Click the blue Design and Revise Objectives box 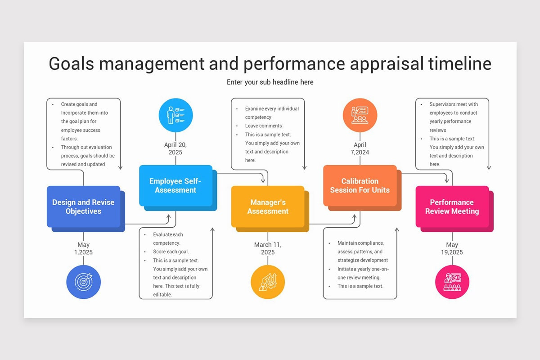pos(83,207)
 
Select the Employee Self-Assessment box pos(175,185)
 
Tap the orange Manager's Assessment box pos(268,207)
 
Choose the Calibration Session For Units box pos(360,185)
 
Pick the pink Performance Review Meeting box pos(452,207)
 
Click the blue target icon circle pos(83,282)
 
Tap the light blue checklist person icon pos(175,115)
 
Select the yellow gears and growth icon pos(268,282)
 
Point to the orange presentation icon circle pos(360,115)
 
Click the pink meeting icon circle pos(452,282)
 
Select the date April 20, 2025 pos(175,148)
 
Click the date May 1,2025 pos(83,248)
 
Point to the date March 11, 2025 pos(268,248)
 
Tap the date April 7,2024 pos(360,148)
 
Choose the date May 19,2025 pos(452,248)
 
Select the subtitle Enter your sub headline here pos(270,82)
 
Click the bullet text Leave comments pos(263,126)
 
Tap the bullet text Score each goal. pos(171,252)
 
